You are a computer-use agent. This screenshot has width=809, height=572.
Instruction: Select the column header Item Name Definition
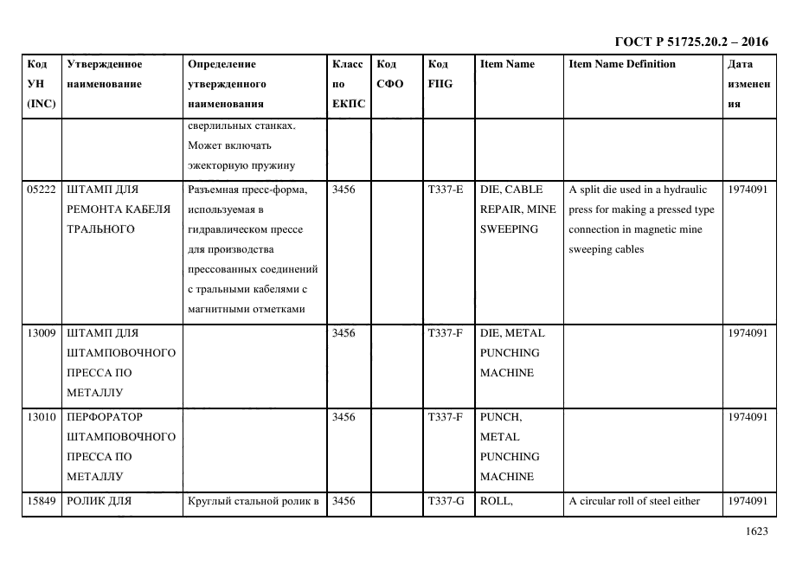(622, 64)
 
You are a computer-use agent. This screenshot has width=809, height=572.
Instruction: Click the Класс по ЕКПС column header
(348, 84)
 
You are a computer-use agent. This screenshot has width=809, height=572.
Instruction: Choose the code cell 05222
(42, 190)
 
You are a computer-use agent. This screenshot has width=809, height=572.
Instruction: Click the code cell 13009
(42, 333)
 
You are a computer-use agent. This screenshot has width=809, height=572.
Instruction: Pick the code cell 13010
(42, 417)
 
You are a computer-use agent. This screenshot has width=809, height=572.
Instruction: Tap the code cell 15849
(42, 501)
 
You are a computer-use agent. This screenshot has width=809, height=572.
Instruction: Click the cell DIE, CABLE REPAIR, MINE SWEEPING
(517, 209)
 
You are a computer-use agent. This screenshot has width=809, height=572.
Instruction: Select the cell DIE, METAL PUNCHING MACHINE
(512, 353)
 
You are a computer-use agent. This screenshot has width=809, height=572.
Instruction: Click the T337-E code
(446, 190)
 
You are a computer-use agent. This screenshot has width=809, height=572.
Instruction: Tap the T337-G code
(446, 501)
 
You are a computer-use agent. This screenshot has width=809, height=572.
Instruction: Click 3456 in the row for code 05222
(344, 190)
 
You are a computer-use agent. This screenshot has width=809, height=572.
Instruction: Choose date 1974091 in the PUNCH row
(748, 417)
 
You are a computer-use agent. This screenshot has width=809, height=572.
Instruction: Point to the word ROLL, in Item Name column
(497, 501)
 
